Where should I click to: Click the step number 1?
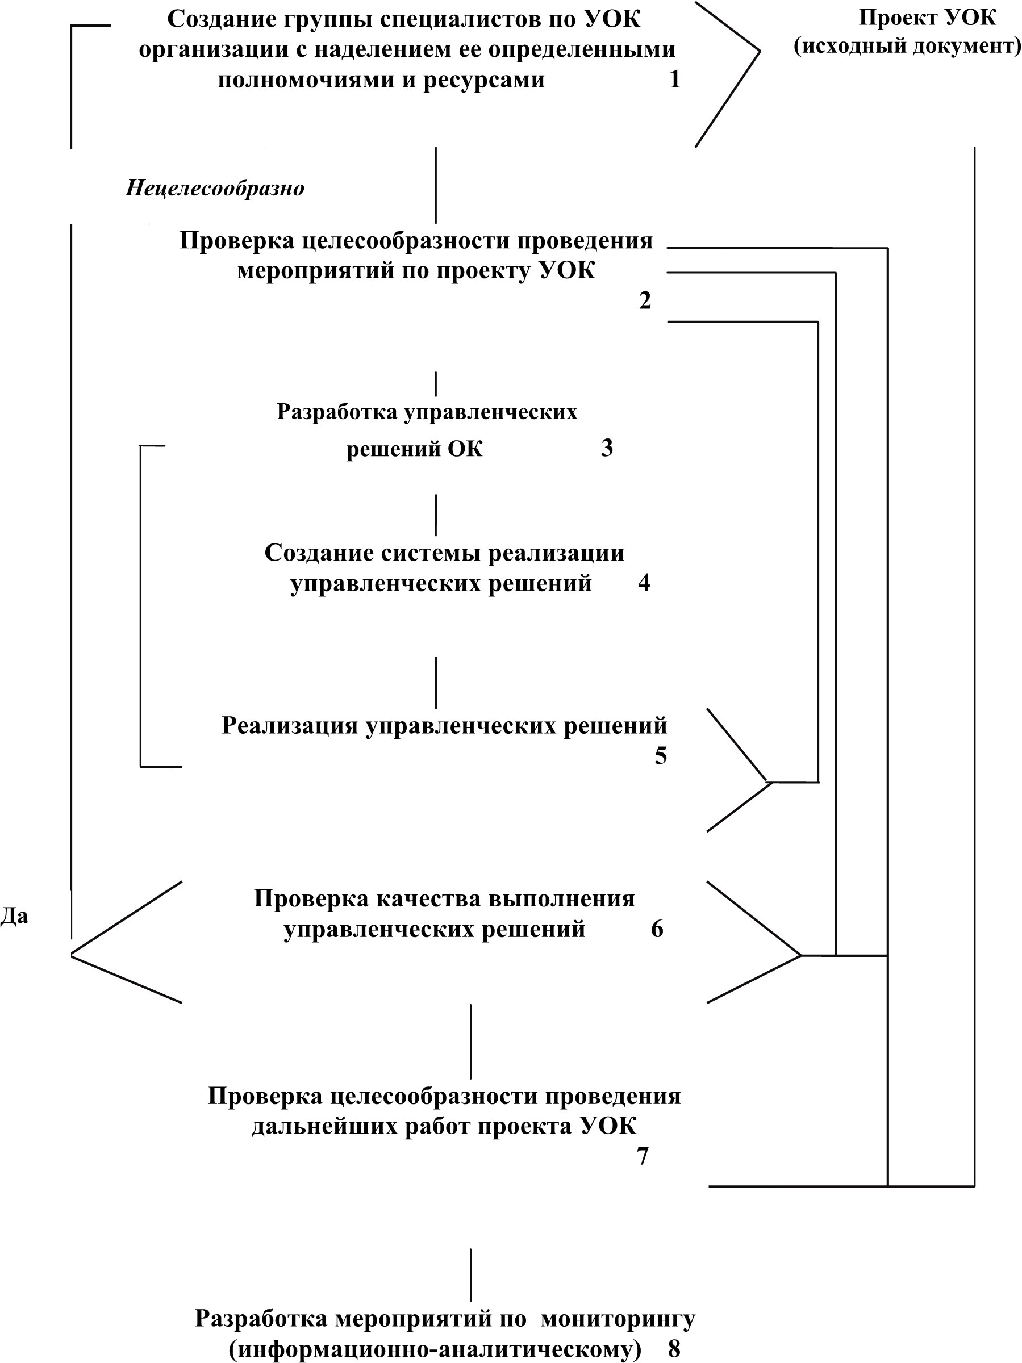pyautogui.click(x=675, y=80)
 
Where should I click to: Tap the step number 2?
pyautogui.click(x=645, y=300)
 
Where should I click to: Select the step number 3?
pyautogui.click(x=607, y=448)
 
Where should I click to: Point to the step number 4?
pyautogui.click(x=644, y=582)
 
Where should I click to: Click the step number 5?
pyautogui.click(x=661, y=755)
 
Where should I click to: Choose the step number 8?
pyautogui.click(x=674, y=1349)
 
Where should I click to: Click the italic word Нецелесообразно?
pyautogui.click(x=215, y=187)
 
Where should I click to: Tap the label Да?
pyautogui.click(x=14, y=915)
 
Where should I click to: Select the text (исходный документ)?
pyautogui.click(x=907, y=46)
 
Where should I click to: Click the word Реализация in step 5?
pyautogui.click(x=290, y=725)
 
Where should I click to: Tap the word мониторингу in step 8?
pyautogui.click(x=618, y=1319)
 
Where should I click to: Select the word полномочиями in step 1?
pyautogui.click(x=306, y=80)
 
